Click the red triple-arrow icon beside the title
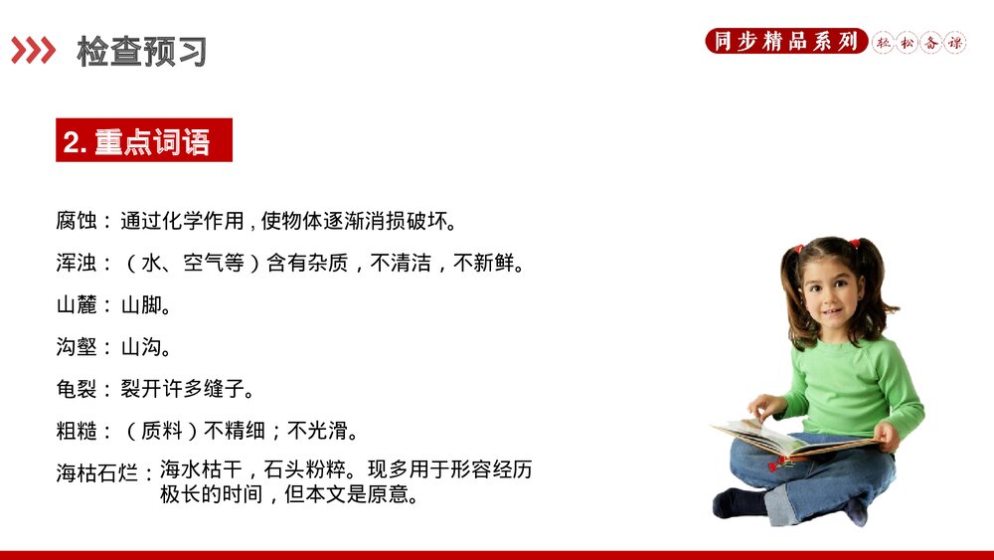tap(33, 51)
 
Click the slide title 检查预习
tap(141, 52)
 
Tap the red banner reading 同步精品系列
tap(785, 42)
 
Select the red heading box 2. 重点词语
tap(143, 140)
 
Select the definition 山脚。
tap(146, 305)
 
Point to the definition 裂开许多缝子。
tap(188, 388)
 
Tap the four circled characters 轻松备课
tap(919, 43)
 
